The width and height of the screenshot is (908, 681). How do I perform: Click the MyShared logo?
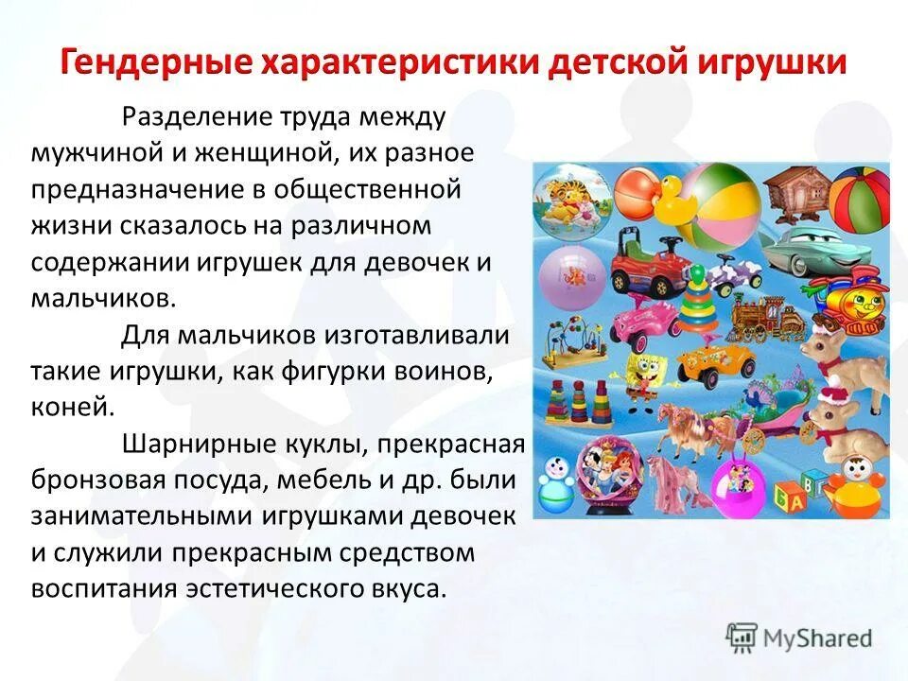[799, 637]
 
